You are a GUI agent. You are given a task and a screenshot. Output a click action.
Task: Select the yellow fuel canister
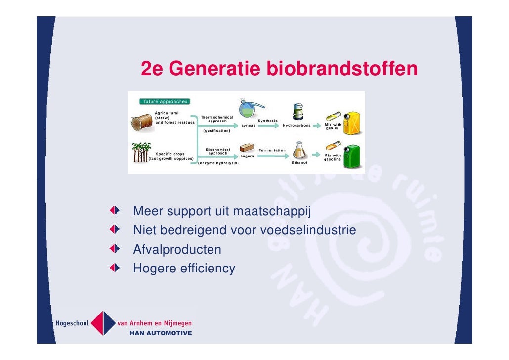353,122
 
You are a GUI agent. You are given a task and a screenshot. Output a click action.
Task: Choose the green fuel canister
353,155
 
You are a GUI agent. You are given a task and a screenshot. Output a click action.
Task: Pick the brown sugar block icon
246,148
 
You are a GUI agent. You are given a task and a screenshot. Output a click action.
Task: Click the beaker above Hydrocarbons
297,113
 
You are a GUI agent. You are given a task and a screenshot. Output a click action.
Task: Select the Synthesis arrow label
267,121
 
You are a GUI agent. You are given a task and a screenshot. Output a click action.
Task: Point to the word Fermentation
272,150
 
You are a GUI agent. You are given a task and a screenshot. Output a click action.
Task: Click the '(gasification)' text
216,131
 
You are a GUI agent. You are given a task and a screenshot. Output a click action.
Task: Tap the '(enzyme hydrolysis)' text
218,163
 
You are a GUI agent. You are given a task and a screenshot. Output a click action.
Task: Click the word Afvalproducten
177,250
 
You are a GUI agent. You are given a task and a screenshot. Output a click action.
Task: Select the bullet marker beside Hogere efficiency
115,268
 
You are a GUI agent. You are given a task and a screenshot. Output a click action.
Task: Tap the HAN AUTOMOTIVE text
161,333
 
